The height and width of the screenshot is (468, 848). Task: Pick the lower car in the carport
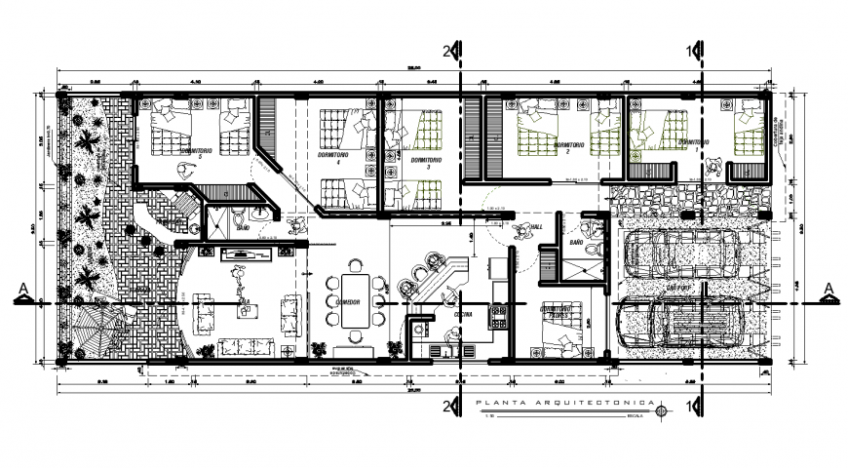pyautogui.click(x=682, y=321)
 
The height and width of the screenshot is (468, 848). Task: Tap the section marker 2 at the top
pyautogui.click(x=449, y=49)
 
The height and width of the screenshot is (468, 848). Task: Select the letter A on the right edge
pyautogui.click(x=828, y=288)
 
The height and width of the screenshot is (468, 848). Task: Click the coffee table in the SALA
pyautogui.click(x=247, y=310)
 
